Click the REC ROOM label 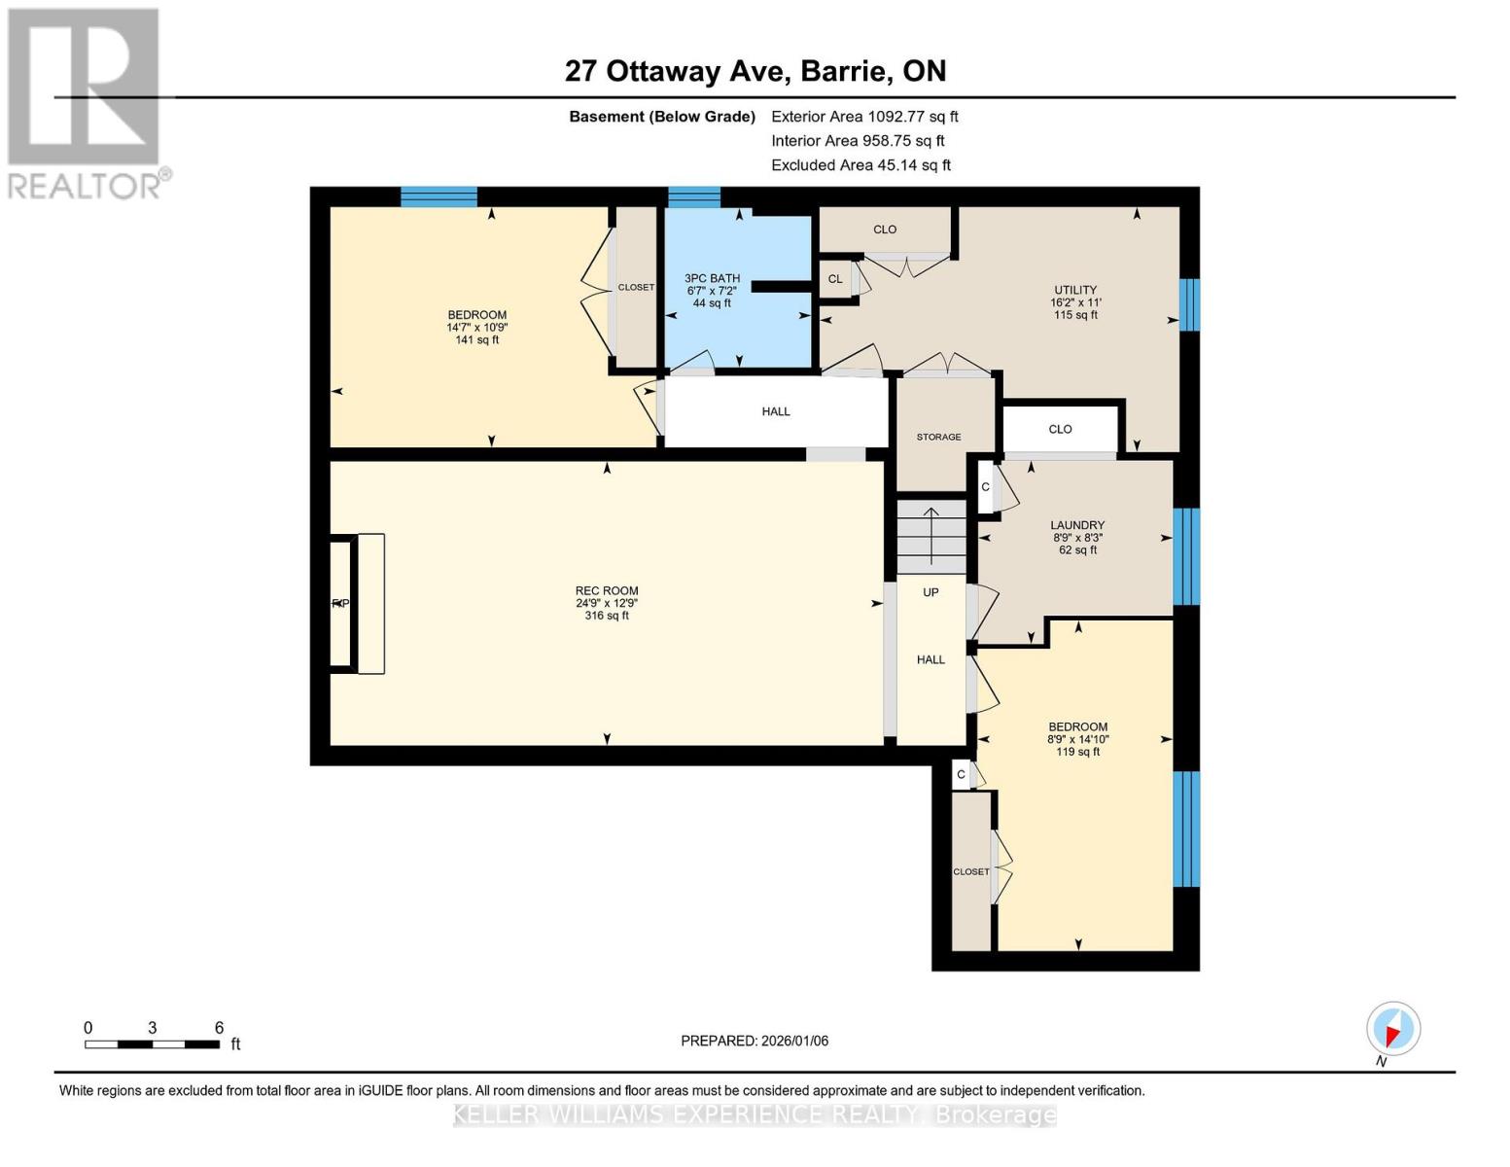tap(607, 591)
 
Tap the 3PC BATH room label tap(712, 279)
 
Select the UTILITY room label tap(1075, 291)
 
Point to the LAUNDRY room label tap(1077, 526)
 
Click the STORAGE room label tap(938, 438)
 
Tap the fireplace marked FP tap(341, 604)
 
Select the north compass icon tap(1392, 1029)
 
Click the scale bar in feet tap(152, 1043)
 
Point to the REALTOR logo tap(86, 102)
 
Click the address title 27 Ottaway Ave tap(755, 71)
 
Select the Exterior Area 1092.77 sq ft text tap(864, 117)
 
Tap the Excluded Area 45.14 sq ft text tap(860, 165)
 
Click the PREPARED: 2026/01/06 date tap(755, 1041)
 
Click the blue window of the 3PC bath tap(693, 197)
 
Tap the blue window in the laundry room tap(1185, 555)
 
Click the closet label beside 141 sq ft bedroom tap(636, 288)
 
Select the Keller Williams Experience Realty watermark tap(755, 1115)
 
